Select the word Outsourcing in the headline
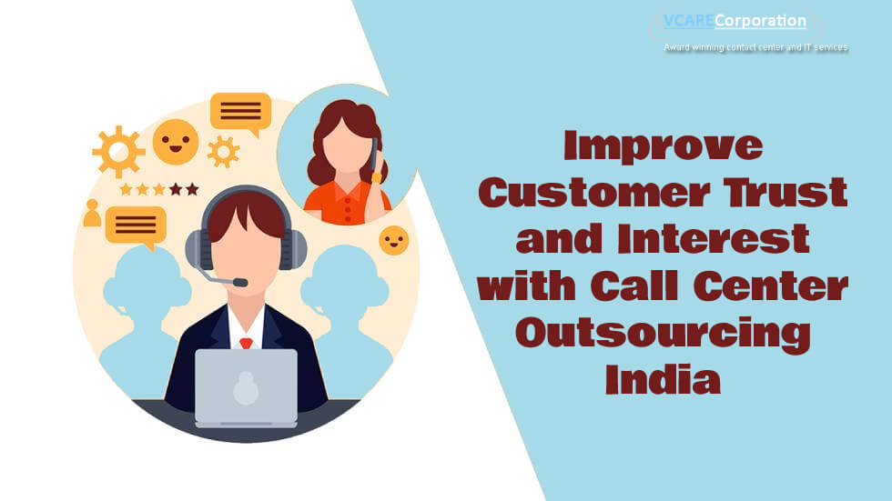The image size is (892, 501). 663,336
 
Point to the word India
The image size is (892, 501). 663,379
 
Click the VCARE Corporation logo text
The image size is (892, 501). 735,22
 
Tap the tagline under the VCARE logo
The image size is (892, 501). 756,47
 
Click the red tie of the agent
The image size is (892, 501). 246,343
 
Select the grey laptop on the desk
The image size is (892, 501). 247,388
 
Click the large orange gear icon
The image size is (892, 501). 119,152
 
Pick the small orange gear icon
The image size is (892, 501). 223,152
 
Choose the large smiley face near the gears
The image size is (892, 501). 176,142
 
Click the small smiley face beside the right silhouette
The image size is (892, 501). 393,240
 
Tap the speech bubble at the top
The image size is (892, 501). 240,113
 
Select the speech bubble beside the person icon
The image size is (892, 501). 136,226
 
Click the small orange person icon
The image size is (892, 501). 92,214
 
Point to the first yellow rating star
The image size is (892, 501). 126,189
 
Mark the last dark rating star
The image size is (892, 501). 192,189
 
